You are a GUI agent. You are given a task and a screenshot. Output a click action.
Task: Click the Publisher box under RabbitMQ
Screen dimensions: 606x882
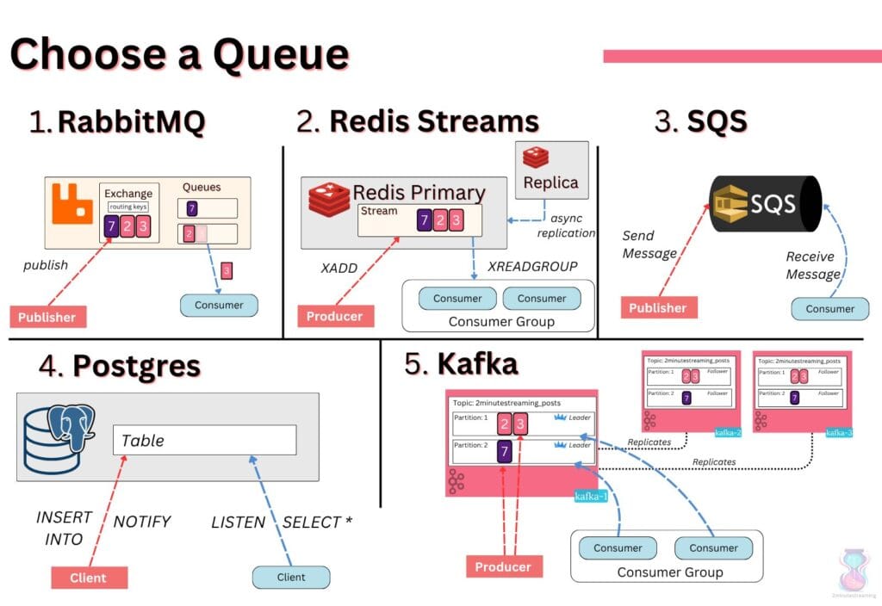[x=48, y=317]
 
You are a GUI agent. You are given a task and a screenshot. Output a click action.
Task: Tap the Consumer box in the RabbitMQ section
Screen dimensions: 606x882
[x=219, y=305]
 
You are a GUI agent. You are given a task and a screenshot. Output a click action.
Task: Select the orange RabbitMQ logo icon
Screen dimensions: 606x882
[x=72, y=203]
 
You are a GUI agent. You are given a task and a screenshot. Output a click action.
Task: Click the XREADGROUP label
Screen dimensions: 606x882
[x=532, y=266]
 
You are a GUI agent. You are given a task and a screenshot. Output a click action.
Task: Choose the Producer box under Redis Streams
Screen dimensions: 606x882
[x=335, y=316]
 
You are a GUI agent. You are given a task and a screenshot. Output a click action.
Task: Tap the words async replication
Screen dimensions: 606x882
[x=566, y=226]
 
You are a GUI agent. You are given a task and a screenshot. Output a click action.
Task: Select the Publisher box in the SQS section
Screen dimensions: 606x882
[x=659, y=307]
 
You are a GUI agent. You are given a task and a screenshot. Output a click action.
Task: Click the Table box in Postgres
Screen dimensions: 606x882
[x=205, y=440]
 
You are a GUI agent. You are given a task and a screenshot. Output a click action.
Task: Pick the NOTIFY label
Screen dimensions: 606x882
[x=142, y=522]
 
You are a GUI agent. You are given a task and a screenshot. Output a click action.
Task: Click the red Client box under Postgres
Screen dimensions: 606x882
[x=90, y=578]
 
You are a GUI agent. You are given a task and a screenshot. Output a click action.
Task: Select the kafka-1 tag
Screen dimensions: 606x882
[x=592, y=496]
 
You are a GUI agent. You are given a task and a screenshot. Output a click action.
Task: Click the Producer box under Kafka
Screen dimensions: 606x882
[x=503, y=566]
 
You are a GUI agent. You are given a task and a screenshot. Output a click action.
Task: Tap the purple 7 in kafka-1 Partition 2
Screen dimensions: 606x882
[x=505, y=451]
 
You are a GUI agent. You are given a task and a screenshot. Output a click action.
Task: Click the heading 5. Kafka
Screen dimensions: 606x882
[x=462, y=364]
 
